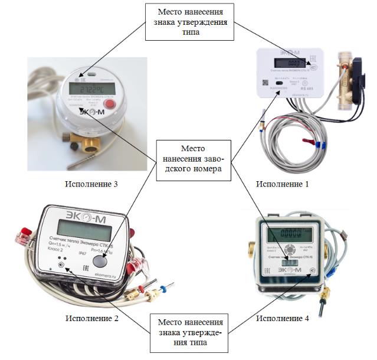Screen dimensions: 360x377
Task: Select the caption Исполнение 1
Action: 282,184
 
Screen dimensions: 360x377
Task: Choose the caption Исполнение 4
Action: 283,319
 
